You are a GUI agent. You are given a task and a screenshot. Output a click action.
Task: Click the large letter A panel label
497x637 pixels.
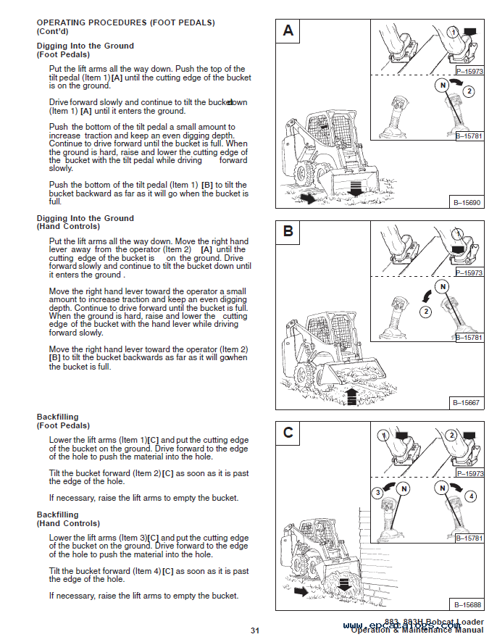pos(288,30)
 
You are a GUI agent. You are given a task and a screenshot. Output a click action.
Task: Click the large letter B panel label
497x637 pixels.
pos(288,232)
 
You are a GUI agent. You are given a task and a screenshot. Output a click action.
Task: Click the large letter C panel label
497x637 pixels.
pos(288,433)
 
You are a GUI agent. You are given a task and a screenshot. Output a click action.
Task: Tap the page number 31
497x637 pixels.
pos(255,630)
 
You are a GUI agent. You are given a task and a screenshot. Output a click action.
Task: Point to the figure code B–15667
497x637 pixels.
pos(467,402)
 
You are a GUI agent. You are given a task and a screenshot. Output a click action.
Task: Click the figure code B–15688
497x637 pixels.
pos(467,604)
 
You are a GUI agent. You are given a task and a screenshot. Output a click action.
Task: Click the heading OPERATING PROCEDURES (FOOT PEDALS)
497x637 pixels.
pos(125,22)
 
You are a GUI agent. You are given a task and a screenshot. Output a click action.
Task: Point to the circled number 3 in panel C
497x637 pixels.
pos(377,494)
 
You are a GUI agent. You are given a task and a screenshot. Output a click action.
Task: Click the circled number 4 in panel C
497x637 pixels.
pos(472,496)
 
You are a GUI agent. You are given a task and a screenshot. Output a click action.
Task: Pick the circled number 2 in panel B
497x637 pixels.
pos(425,312)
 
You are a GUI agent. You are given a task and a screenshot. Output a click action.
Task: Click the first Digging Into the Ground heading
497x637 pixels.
pos(85,46)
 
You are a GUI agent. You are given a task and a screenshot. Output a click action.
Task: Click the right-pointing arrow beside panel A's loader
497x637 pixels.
pos(306,198)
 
